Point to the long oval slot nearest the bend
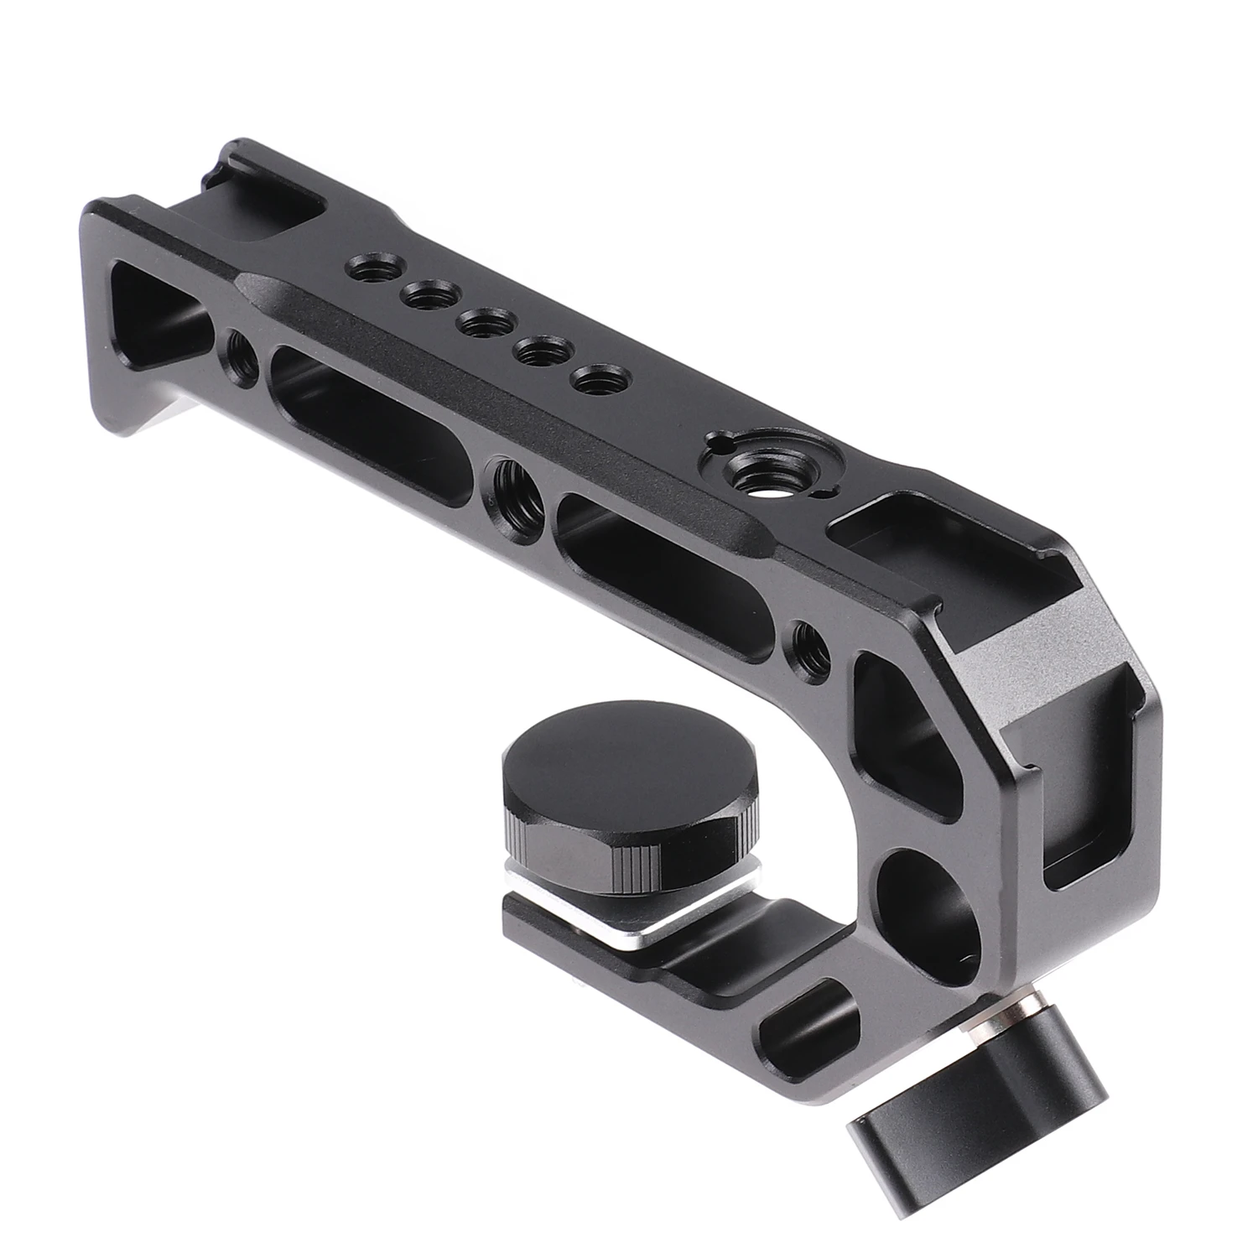(663, 568)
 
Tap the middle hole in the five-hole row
(482, 321)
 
